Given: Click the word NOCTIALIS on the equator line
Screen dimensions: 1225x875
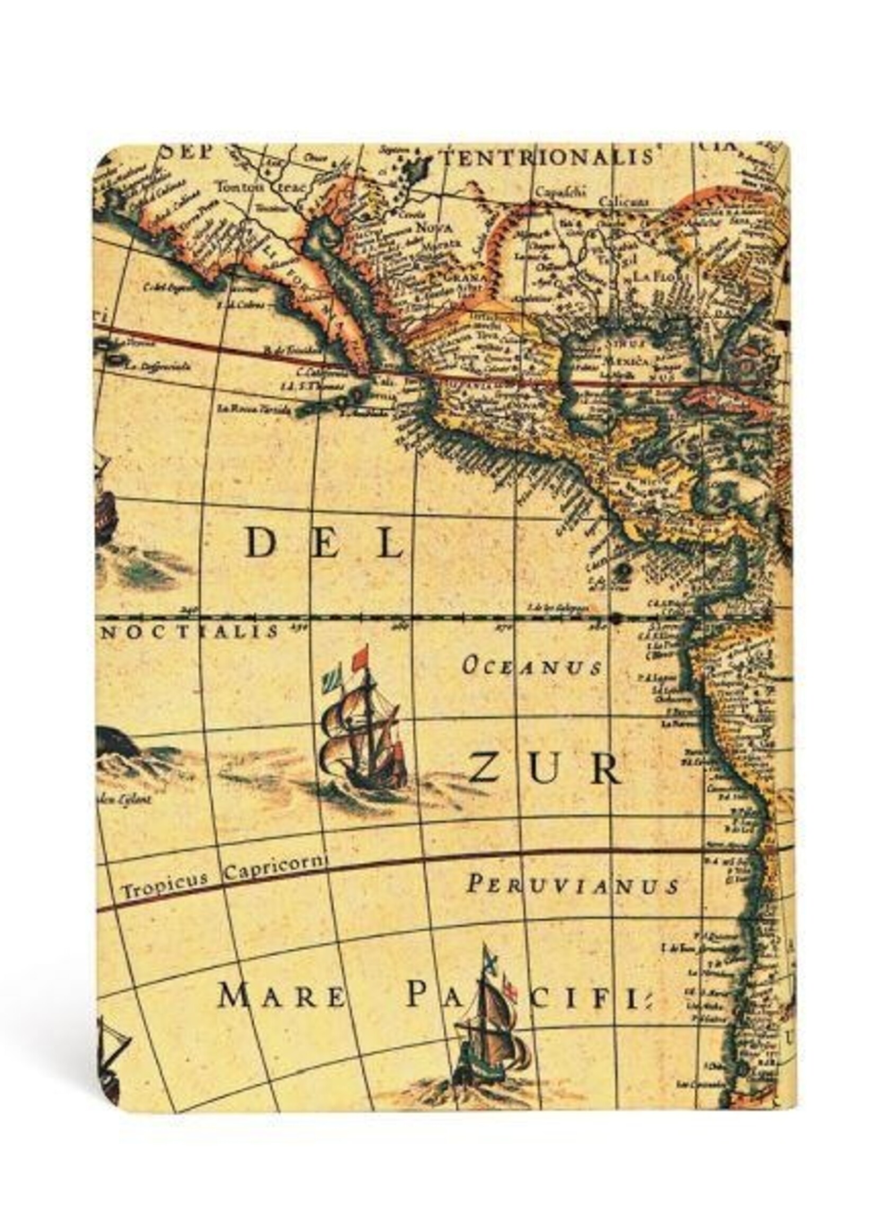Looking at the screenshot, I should [191, 631].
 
